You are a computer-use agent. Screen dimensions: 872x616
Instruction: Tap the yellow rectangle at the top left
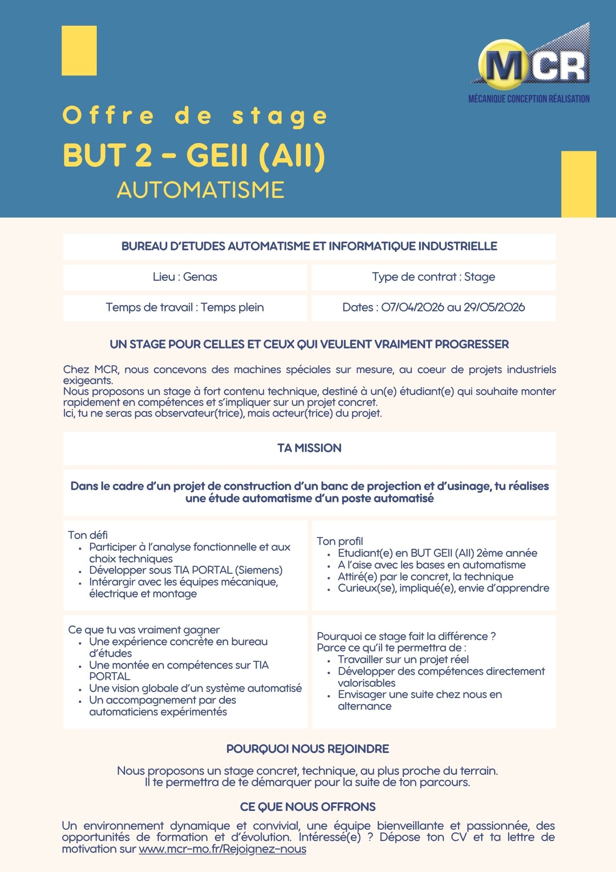[x=79, y=51]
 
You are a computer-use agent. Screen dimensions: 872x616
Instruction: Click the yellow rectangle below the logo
[x=579, y=184]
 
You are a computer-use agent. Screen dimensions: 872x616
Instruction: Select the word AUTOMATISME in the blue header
[x=200, y=190]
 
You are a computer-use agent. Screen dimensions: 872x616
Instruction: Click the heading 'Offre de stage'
[x=195, y=116]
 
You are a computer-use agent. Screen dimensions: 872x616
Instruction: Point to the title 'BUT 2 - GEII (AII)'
[x=194, y=156]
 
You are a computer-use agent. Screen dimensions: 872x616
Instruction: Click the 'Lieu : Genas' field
[x=185, y=277]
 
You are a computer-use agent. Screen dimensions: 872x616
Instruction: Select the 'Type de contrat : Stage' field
[x=433, y=277]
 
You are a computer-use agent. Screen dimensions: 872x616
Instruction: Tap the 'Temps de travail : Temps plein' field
[x=185, y=307]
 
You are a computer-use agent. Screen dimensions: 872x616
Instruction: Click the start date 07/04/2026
[x=413, y=307]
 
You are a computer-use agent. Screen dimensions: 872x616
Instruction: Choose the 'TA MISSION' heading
[x=309, y=448]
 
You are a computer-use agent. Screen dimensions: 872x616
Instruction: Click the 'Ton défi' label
[x=88, y=535]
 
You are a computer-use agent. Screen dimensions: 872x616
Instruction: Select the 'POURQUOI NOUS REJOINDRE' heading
[x=308, y=749]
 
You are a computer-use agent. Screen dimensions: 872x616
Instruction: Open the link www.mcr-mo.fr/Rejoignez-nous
[x=222, y=849]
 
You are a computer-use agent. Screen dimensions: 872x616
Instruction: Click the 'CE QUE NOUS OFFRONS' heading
[x=308, y=807]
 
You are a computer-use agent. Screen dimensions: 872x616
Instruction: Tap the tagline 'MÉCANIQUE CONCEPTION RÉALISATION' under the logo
[x=529, y=99]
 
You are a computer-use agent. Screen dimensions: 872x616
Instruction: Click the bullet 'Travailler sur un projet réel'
[x=403, y=660]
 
